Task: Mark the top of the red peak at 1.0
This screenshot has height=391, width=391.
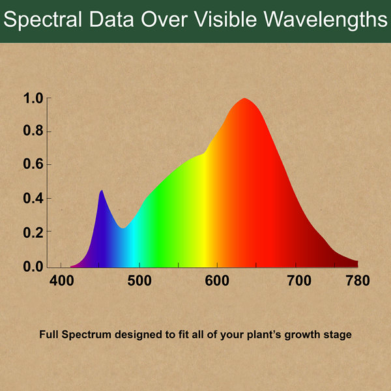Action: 245,99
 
